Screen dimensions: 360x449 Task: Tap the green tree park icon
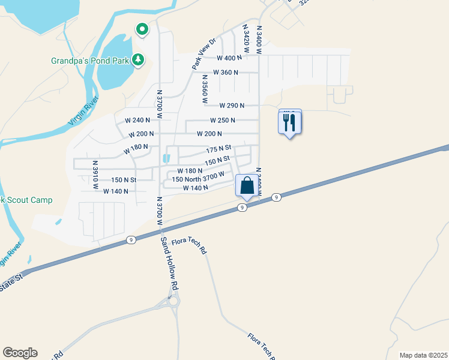(139, 59)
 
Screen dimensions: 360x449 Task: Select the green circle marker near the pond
(142, 29)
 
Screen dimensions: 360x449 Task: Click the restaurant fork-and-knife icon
(290, 123)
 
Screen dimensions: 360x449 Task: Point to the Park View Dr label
(204, 55)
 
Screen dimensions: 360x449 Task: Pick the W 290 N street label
(231, 106)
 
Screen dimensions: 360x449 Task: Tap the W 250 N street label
(222, 120)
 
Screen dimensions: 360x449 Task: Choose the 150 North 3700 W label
(198, 178)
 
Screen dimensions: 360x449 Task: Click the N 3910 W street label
(95, 174)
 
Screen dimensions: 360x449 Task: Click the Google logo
(20, 353)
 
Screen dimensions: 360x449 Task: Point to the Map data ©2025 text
(423, 355)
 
